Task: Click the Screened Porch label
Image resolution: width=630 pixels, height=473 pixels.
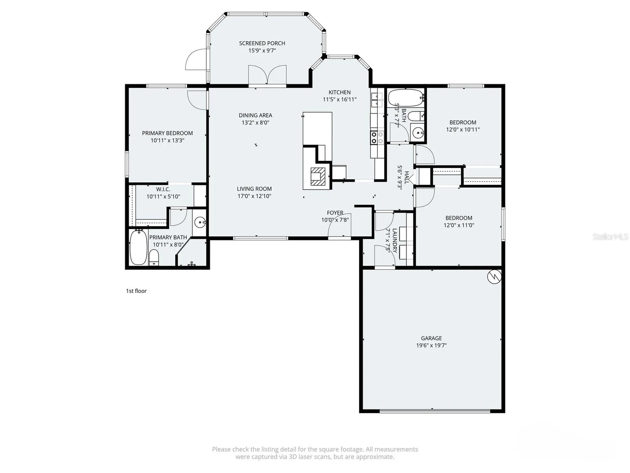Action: pyautogui.click(x=262, y=43)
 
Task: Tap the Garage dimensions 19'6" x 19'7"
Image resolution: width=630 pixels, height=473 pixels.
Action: pyautogui.click(x=431, y=345)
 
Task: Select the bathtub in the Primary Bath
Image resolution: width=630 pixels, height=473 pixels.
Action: pyautogui.click(x=138, y=247)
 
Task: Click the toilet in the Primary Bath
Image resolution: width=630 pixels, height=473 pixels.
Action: pyautogui.click(x=154, y=258)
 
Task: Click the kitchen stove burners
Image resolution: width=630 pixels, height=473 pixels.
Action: pyautogui.click(x=377, y=138)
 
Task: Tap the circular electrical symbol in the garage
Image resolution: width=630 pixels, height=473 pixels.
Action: pyautogui.click(x=494, y=277)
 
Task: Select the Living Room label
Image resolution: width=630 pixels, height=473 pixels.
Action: pyautogui.click(x=254, y=189)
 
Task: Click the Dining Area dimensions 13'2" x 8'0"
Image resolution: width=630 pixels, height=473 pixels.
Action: pyautogui.click(x=255, y=123)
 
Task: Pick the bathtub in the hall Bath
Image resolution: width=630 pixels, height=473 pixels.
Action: pyautogui.click(x=406, y=98)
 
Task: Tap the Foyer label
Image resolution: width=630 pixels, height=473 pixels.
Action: pyautogui.click(x=335, y=213)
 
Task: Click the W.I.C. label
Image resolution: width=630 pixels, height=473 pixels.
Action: pyautogui.click(x=163, y=190)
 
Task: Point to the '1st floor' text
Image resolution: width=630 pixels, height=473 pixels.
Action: pyautogui.click(x=136, y=291)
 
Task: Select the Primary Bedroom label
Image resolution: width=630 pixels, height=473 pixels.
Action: pyautogui.click(x=167, y=133)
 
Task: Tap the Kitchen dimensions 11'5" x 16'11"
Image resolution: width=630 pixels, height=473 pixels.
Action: pyautogui.click(x=340, y=99)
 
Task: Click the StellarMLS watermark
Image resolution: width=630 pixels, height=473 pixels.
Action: pyautogui.click(x=610, y=236)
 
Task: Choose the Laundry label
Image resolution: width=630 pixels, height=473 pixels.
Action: pyautogui.click(x=394, y=240)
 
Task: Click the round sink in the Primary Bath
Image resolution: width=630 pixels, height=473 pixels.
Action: pyautogui.click(x=200, y=222)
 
